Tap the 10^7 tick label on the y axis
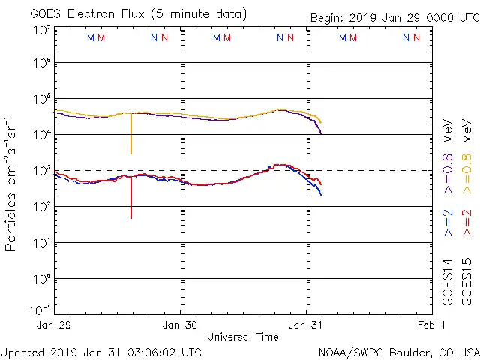click(x=41, y=30)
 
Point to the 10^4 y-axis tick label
click(x=41, y=135)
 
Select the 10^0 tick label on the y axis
click(x=41, y=279)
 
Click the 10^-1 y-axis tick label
click(x=41, y=309)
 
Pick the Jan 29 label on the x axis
click(x=54, y=325)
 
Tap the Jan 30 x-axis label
click(x=180, y=325)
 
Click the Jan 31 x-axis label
click(x=306, y=325)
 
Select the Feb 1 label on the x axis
click(x=432, y=325)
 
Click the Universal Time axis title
click(x=242, y=337)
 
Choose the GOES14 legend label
click(x=448, y=281)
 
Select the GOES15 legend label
click(x=466, y=281)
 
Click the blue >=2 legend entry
click(x=448, y=223)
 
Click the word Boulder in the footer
click(x=406, y=352)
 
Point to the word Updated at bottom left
click(x=22, y=352)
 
